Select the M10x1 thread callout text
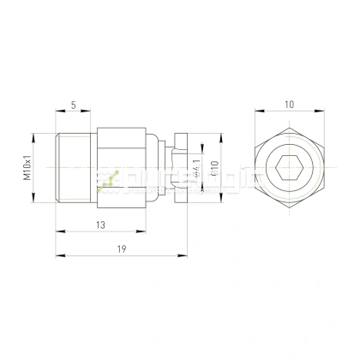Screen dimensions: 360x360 pyautogui.click(x=27, y=165)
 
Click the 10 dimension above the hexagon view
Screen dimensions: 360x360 pyautogui.click(x=291, y=104)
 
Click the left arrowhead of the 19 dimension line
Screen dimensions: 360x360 pyautogui.click(x=57, y=255)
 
